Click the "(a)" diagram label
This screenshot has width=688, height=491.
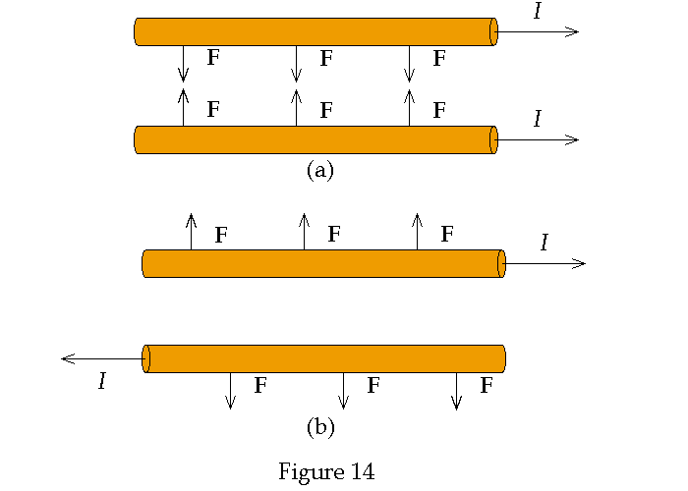(x=320, y=170)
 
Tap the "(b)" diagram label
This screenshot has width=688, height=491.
(x=320, y=427)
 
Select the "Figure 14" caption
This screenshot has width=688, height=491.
(x=326, y=471)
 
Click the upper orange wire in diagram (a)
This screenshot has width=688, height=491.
(x=315, y=31)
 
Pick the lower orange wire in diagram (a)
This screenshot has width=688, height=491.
(x=315, y=139)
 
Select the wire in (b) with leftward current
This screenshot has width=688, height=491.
(x=324, y=358)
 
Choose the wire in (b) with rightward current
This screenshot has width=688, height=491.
(x=324, y=263)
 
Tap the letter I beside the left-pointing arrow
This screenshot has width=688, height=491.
(x=101, y=381)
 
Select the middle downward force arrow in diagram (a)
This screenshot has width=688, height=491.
(x=297, y=64)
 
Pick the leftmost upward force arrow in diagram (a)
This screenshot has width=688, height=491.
(x=183, y=107)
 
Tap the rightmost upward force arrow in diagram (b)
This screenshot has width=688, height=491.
(x=417, y=231)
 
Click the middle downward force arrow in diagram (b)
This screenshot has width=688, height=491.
(x=343, y=390)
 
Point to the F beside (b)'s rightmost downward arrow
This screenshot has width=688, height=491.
(x=486, y=386)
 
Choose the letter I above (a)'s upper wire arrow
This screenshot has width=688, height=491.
(x=537, y=12)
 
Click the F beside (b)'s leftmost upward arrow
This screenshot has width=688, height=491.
(x=221, y=235)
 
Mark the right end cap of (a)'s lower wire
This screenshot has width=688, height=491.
(x=493, y=139)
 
